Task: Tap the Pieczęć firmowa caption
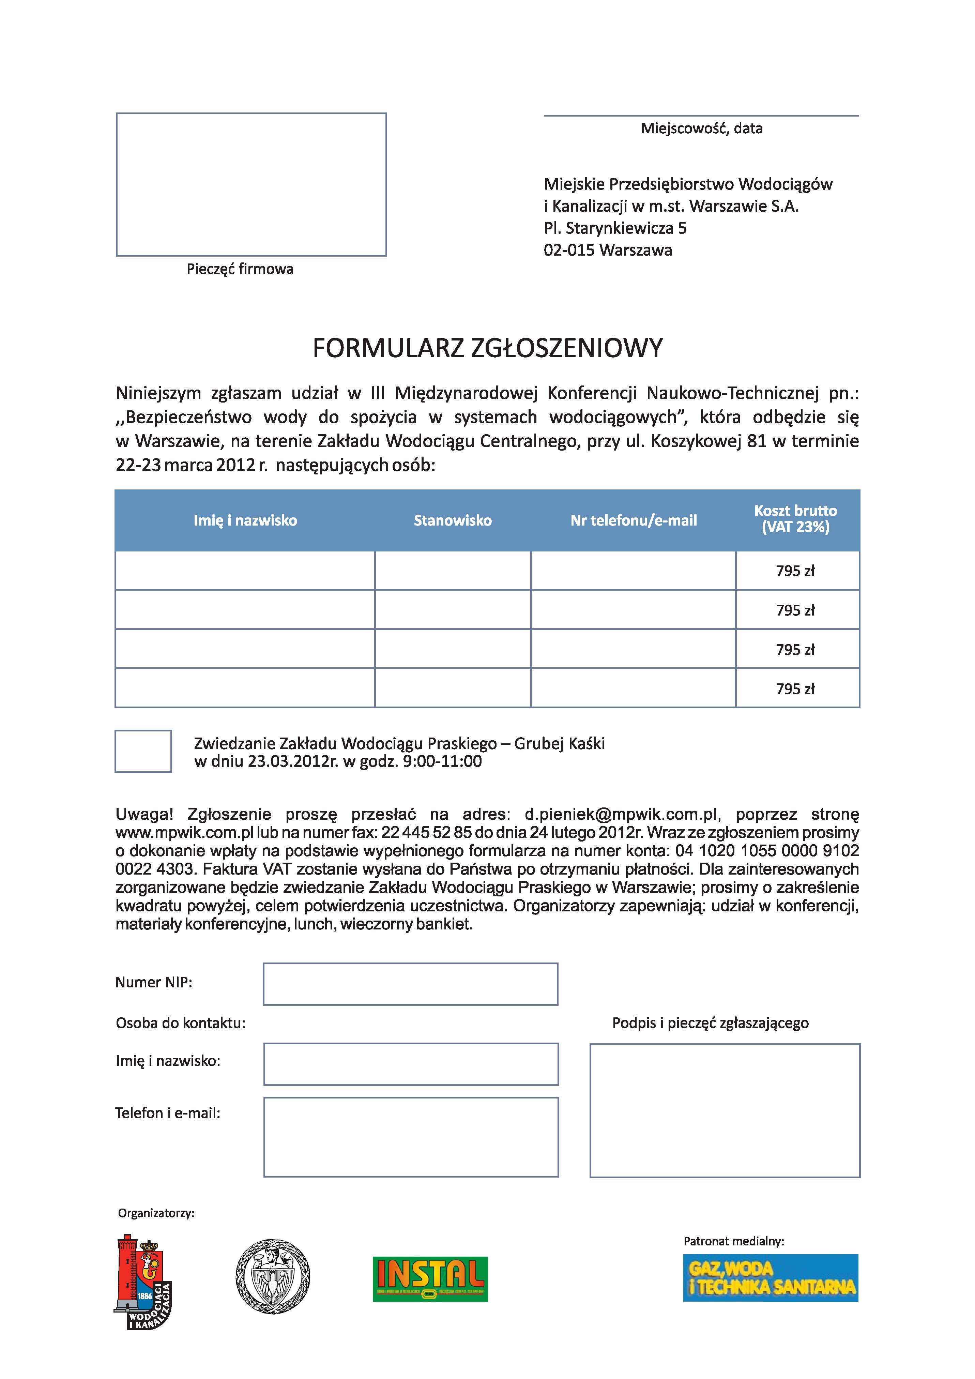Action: (x=240, y=269)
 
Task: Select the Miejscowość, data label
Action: (x=701, y=128)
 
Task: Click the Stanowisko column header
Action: (x=453, y=521)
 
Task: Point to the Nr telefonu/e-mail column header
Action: (x=634, y=521)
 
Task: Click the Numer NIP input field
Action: (x=411, y=984)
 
